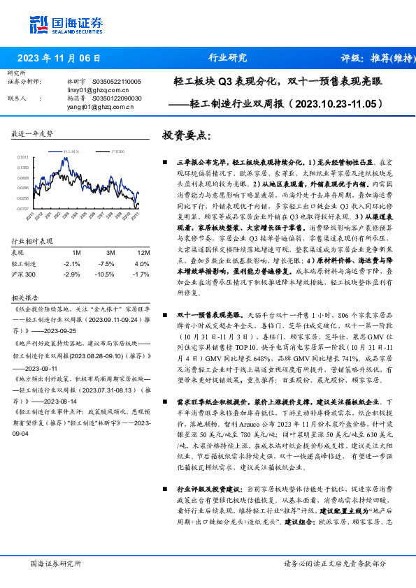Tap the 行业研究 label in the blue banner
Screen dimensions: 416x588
pyautogui.click(x=228, y=59)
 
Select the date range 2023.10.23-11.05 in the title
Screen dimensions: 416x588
pyautogui.click(x=335, y=104)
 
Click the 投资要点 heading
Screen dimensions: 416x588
pyautogui.click(x=186, y=135)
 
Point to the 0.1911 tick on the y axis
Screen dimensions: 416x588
pyautogui.click(x=22, y=158)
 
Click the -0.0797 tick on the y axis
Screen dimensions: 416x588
pyautogui.click(x=22, y=209)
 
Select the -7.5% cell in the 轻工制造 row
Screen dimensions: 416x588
pyautogui.click(x=107, y=263)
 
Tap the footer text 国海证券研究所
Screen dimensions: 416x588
pyautogui.click(x=57, y=564)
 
